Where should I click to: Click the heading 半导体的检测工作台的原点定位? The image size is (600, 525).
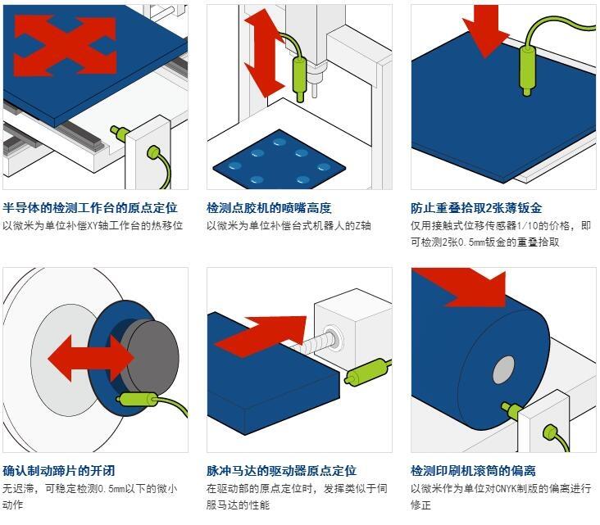[x=90, y=208]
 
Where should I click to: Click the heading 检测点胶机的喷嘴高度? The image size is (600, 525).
[x=269, y=208]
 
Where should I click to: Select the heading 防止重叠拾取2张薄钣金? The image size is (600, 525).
[x=476, y=208]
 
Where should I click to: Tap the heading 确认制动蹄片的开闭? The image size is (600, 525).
[x=59, y=471]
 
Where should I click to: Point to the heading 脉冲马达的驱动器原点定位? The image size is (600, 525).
[x=281, y=471]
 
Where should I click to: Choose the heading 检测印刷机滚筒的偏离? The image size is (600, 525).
[x=473, y=471]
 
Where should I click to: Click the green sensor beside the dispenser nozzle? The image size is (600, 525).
[x=299, y=75]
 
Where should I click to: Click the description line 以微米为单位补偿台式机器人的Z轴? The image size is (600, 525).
[x=289, y=225]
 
